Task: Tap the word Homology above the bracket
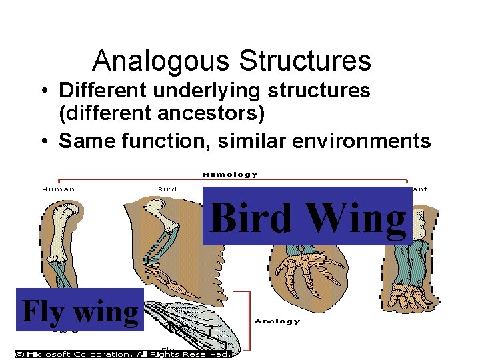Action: (229, 175)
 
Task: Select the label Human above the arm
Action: (59, 189)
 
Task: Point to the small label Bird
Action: (167, 189)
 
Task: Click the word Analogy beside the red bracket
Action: (278, 321)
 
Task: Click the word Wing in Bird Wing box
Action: (352, 218)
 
